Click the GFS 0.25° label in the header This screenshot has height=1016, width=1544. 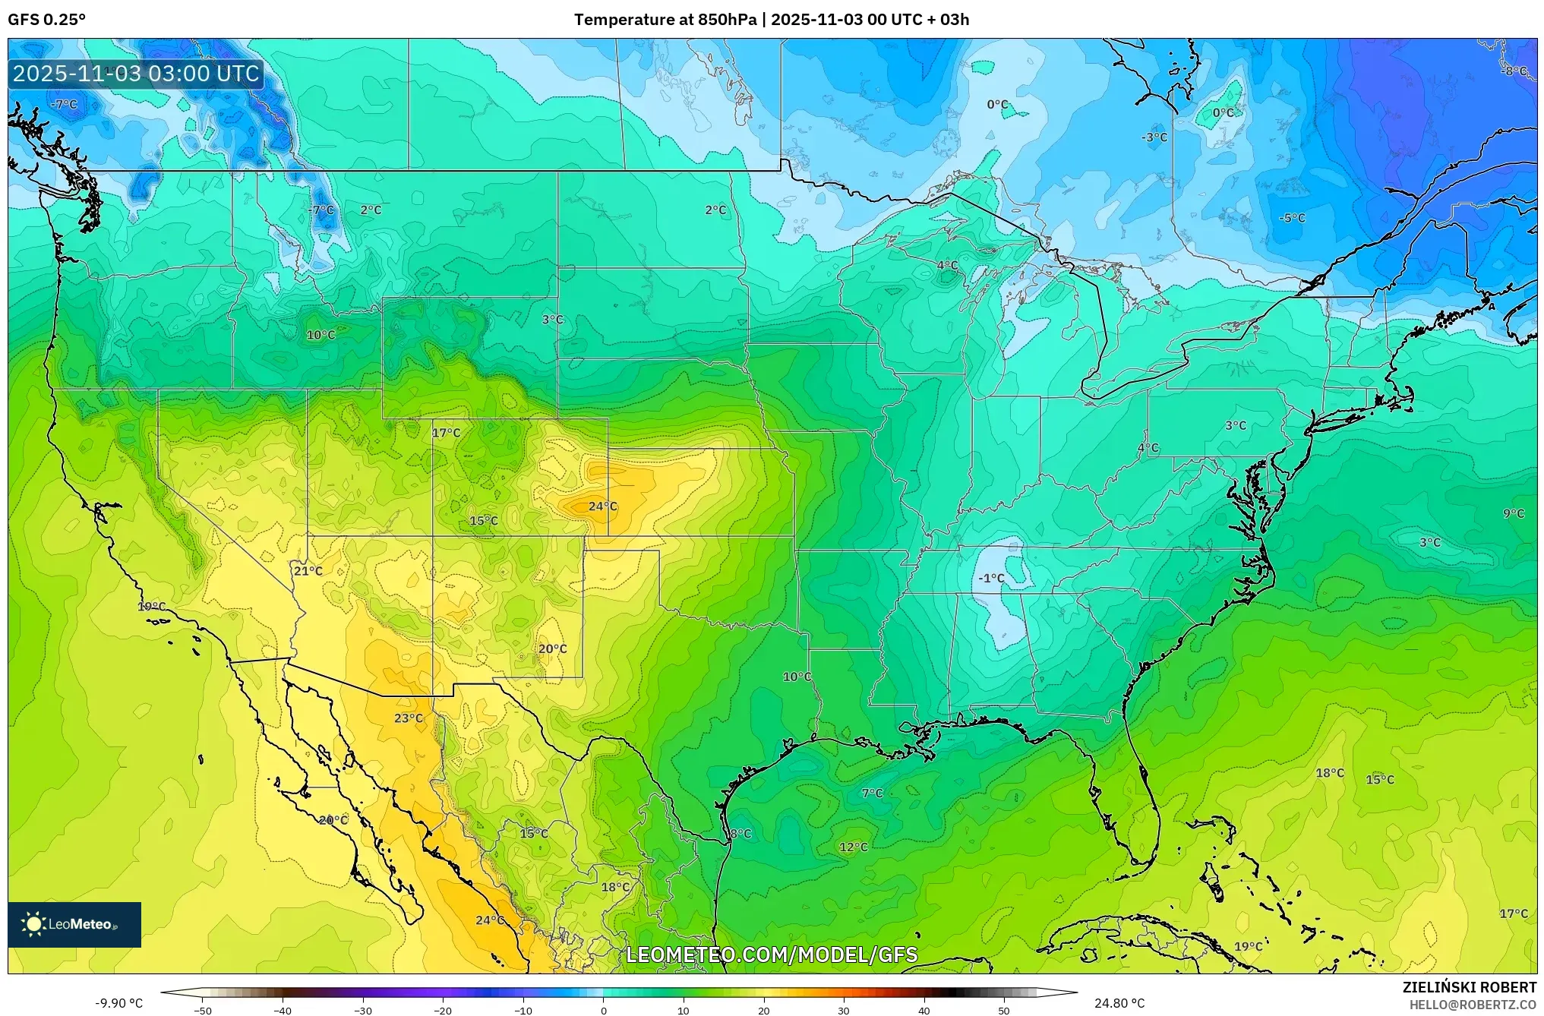47,20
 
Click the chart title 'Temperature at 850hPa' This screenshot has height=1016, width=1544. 665,20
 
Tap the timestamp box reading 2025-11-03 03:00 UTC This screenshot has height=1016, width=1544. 137,74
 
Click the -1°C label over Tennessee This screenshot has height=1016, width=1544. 991,578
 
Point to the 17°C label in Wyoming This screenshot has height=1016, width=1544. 447,433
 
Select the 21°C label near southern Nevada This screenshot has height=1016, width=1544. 308,571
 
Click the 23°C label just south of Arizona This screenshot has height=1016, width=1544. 409,718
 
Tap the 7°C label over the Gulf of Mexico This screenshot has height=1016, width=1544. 872,793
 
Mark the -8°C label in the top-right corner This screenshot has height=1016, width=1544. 1514,71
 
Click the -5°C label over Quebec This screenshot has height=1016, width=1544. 1292,218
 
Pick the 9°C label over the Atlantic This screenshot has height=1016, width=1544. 1514,513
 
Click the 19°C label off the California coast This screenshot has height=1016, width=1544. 152,606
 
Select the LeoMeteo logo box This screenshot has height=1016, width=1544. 74,924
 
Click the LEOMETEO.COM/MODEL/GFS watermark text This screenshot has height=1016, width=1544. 772,954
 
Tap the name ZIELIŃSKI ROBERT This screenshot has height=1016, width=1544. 1470,987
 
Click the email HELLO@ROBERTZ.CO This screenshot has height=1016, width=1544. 1473,1005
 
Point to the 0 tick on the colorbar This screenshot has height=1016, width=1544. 604,1011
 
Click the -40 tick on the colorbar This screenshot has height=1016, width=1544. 283,1011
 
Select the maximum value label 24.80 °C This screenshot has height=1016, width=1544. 1119,1003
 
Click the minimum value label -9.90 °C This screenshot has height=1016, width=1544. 118,1003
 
